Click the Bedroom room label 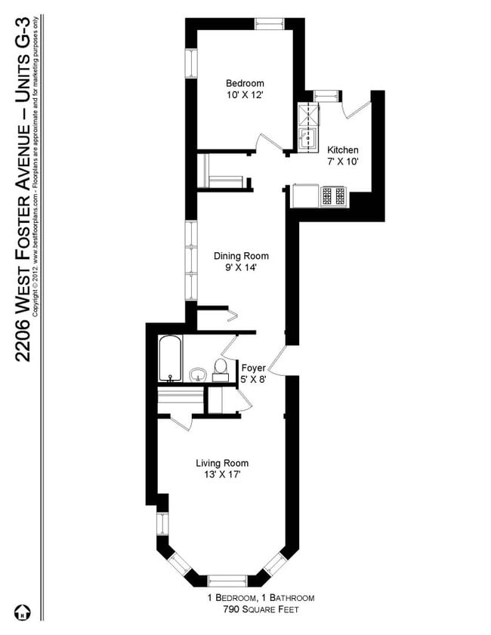point(244,83)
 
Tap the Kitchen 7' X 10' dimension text point(342,162)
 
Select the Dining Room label point(240,256)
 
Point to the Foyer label point(253,368)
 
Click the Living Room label point(222,463)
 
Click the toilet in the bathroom point(221,368)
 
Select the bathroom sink point(197,374)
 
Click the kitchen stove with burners point(335,196)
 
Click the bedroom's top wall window point(267,23)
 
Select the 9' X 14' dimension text point(240,267)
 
